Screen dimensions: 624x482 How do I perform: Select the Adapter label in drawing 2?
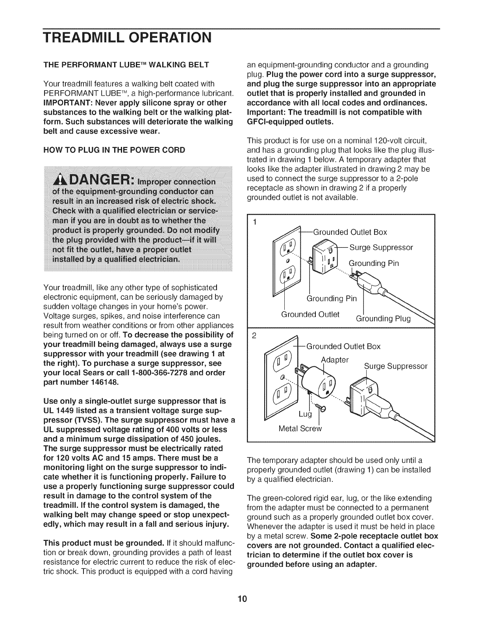tap(335, 360)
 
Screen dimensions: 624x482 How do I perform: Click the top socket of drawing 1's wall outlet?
tap(286, 247)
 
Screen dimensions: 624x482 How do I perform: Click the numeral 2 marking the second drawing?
tap(254, 336)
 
